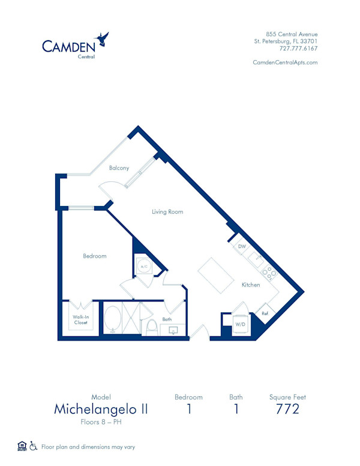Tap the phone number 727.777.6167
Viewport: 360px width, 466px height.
[x=298, y=49]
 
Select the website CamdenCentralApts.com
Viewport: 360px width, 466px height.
[x=285, y=62]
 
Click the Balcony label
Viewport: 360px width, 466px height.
[x=119, y=168]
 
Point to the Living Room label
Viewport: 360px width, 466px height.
[x=167, y=211]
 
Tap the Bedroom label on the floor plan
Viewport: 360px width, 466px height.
[x=95, y=256]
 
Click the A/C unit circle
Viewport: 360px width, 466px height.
[x=143, y=265]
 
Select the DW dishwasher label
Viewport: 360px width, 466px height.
[x=242, y=246]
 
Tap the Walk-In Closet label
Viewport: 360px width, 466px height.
[x=81, y=320]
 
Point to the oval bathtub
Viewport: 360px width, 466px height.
[x=112, y=318]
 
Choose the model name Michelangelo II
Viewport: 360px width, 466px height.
[x=101, y=410]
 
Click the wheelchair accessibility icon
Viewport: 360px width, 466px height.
[x=34, y=446]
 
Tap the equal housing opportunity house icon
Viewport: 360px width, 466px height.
[x=22, y=446]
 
